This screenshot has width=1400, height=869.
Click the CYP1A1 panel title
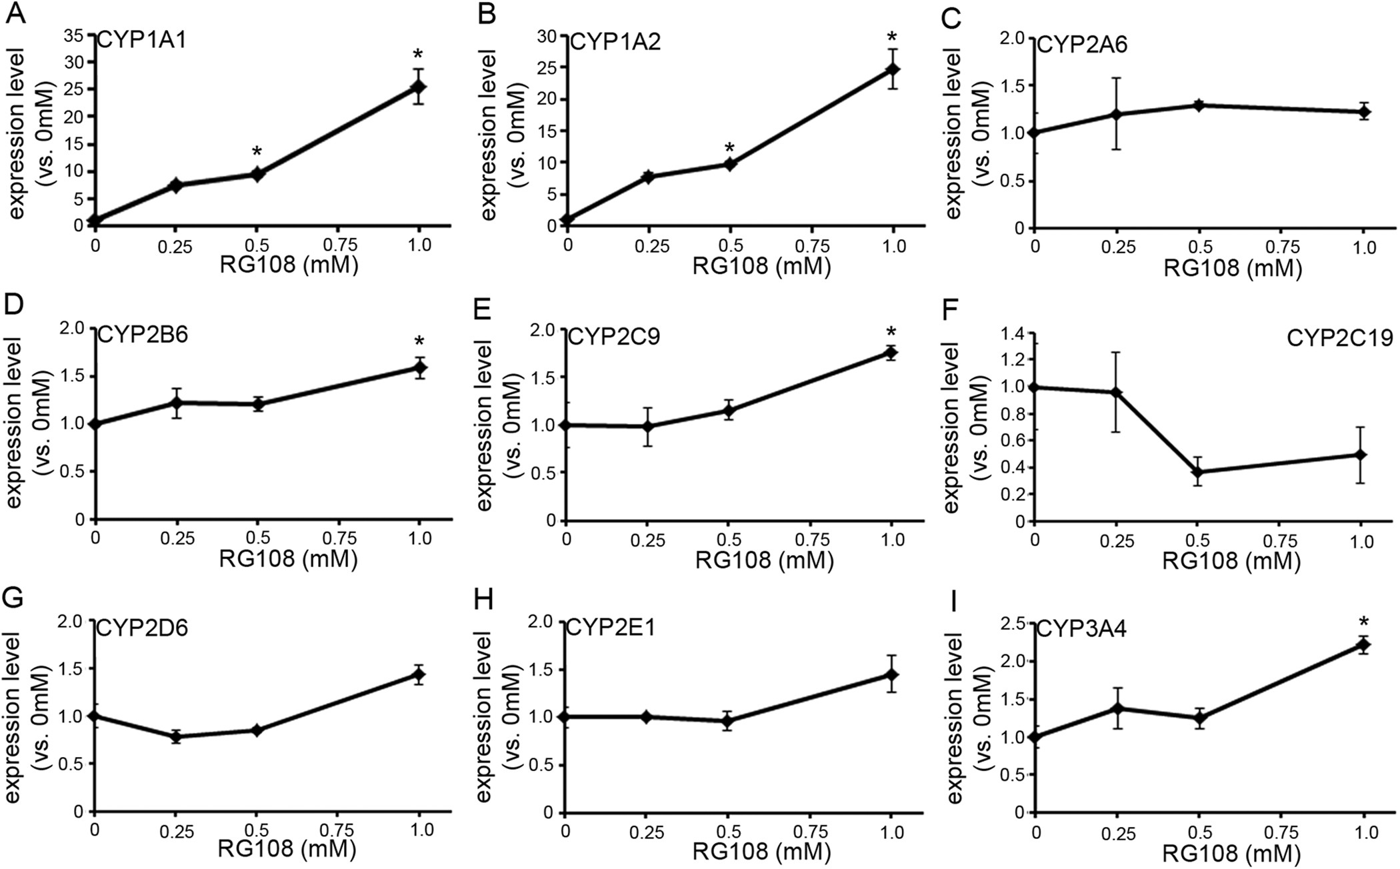click(142, 41)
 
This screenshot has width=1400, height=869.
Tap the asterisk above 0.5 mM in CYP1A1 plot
click(257, 152)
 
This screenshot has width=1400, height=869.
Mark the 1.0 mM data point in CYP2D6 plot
click(419, 674)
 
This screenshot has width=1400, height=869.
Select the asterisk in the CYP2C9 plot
click(891, 332)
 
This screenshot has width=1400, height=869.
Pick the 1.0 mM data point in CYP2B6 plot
click(419, 368)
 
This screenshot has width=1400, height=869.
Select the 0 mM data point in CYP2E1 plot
click(566, 716)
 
